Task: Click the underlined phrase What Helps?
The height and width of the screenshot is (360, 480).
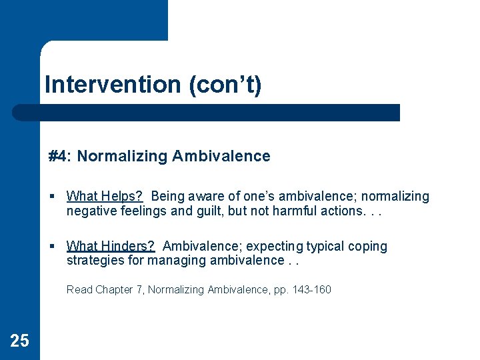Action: [105, 196]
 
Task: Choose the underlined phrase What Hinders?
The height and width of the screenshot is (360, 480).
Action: [110, 246]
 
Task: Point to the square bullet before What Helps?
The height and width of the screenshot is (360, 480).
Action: [52, 197]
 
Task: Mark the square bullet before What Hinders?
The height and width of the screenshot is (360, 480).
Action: [52, 247]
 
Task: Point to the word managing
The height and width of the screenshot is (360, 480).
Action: [173, 260]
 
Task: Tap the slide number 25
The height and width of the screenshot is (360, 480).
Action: [19, 341]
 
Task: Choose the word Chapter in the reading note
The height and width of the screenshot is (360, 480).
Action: [114, 289]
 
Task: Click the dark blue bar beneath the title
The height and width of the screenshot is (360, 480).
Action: [207, 113]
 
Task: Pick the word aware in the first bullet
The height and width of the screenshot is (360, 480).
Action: [204, 196]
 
